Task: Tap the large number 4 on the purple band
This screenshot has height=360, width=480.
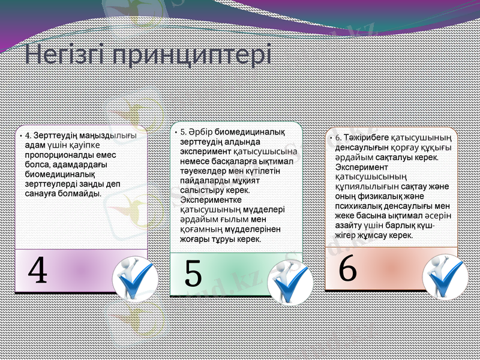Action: (x=38, y=271)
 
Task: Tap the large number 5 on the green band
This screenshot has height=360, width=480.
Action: (x=193, y=275)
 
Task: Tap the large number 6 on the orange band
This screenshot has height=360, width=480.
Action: (x=348, y=269)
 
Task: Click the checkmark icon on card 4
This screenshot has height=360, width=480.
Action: (x=135, y=278)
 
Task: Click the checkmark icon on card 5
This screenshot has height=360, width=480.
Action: (x=290, y=283)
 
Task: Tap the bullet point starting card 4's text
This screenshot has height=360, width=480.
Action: (x=21, y=136)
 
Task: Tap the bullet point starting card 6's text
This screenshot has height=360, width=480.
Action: (x=331, y=139)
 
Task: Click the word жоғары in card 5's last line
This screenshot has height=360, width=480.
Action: (x=194, y=239)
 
